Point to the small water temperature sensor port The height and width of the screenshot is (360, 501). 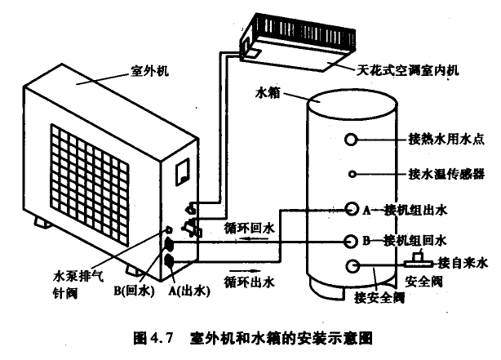tap(352, 173)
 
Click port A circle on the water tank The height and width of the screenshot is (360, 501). tap(352, 209)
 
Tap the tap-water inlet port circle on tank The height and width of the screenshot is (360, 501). tap(353, 265)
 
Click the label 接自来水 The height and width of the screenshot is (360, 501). tap(462, 263)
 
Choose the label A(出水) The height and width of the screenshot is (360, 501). tap(184, 289)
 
